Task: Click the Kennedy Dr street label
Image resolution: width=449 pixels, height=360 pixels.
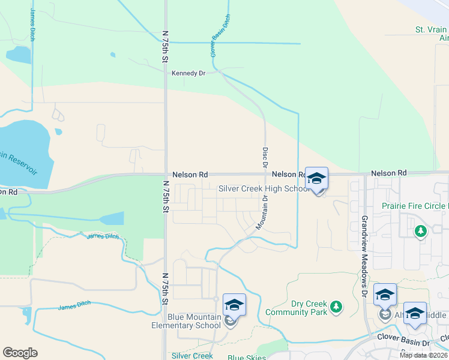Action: [x=188, y=73]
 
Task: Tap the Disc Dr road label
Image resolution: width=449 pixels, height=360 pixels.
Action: [x=264, y=157]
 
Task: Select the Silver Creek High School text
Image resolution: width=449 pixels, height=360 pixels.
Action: [x=264, y=188]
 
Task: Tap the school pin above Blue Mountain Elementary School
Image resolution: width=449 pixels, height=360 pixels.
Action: [x=234, y=305]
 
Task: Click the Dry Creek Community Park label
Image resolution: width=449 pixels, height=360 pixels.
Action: [x=296, y=308]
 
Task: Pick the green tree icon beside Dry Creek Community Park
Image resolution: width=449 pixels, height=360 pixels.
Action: [x=336, y=307]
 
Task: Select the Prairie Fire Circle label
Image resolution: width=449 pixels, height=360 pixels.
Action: [x=415, y=206]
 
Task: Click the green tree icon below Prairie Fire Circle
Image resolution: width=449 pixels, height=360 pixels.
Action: [x=421, y=230]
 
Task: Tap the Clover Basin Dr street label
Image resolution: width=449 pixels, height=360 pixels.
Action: [x=403, y=337]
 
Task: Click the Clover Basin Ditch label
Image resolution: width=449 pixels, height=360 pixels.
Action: [x=220, y=37]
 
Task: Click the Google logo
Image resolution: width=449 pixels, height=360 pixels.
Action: [x=20, y=353]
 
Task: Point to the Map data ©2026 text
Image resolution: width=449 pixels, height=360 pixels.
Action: [x=423, y=355]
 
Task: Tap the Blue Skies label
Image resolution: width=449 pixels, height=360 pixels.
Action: [x=247, y=358]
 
